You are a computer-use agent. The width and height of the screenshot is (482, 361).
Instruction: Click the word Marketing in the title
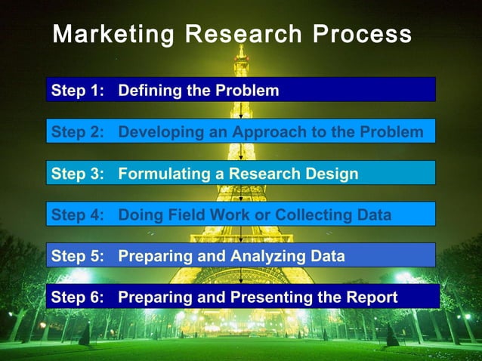[104, 35]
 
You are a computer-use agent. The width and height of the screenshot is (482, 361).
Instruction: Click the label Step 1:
[76, 91]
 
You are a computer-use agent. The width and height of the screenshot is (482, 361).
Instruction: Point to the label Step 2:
[76, 133]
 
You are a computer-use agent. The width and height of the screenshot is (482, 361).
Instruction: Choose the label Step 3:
[76, 174]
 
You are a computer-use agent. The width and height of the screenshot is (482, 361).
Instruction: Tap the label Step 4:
[76, 215]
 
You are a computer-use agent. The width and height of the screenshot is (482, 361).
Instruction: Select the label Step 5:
[76, 256]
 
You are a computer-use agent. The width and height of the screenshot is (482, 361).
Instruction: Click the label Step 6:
[76, 298]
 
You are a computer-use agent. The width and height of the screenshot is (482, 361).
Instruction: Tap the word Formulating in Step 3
[161, 174]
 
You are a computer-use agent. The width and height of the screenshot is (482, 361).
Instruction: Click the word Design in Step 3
[332, 174]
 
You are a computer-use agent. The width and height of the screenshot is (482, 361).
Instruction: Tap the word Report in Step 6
[370, 298]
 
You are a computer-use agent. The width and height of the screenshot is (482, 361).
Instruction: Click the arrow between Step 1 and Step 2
[240, 110]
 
